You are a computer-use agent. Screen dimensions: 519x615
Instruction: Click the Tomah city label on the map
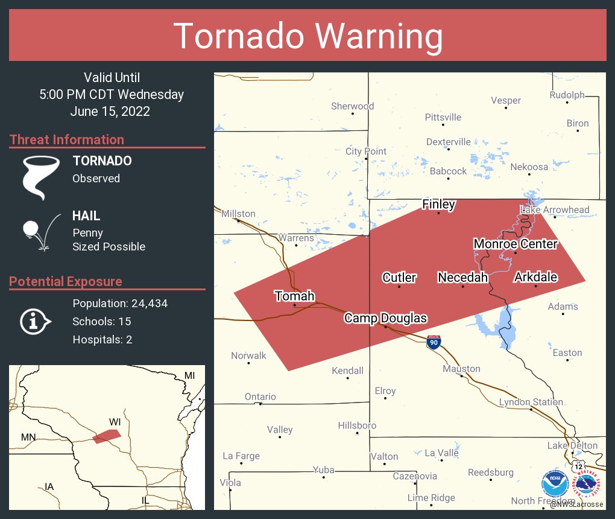pos(295,296)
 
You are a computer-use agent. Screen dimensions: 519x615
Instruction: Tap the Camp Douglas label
pos(385,318)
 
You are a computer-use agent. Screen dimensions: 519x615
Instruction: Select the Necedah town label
pos(462,277)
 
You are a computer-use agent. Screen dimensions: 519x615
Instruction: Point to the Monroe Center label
pos(515,244)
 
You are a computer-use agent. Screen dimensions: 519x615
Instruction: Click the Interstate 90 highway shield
pos(433,342)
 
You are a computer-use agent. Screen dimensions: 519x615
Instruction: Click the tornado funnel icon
pos(40,177)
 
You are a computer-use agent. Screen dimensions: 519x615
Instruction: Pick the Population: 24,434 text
pos(120,303)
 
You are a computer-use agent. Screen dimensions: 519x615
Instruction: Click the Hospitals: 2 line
pos(102,339)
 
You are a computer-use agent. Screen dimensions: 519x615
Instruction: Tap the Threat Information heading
pos(67,139)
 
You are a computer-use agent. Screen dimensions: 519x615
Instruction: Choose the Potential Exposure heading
pos(66,281)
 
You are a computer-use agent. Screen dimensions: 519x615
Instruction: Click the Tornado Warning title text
pos(307,36)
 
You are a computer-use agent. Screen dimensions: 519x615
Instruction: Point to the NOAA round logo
pos(555,483)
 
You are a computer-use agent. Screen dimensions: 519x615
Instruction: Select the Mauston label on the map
pos(461,368)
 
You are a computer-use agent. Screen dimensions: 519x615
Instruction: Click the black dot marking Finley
pos(438,212)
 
